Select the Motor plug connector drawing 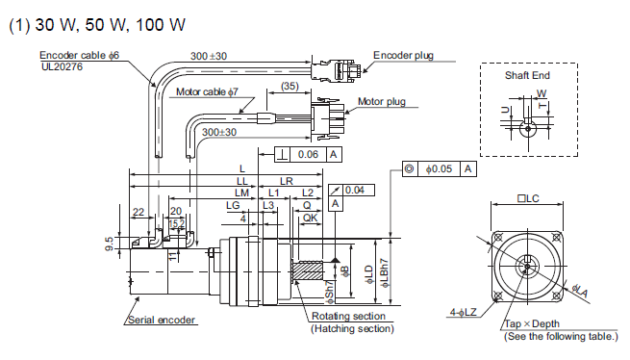327,118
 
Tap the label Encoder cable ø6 79,55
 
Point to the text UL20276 62,66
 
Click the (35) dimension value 290,86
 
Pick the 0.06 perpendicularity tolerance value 308,154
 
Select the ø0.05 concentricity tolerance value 439,169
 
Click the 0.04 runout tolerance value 354,190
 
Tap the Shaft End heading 527,75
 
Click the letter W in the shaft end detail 542,93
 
